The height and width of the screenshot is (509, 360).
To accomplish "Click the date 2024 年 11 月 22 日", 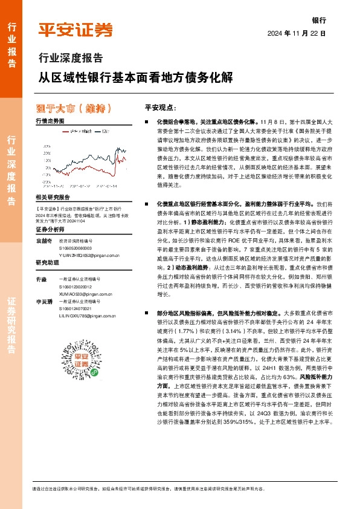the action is click(297, 33).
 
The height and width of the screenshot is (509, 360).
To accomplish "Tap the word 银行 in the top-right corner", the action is click(319, 20).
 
